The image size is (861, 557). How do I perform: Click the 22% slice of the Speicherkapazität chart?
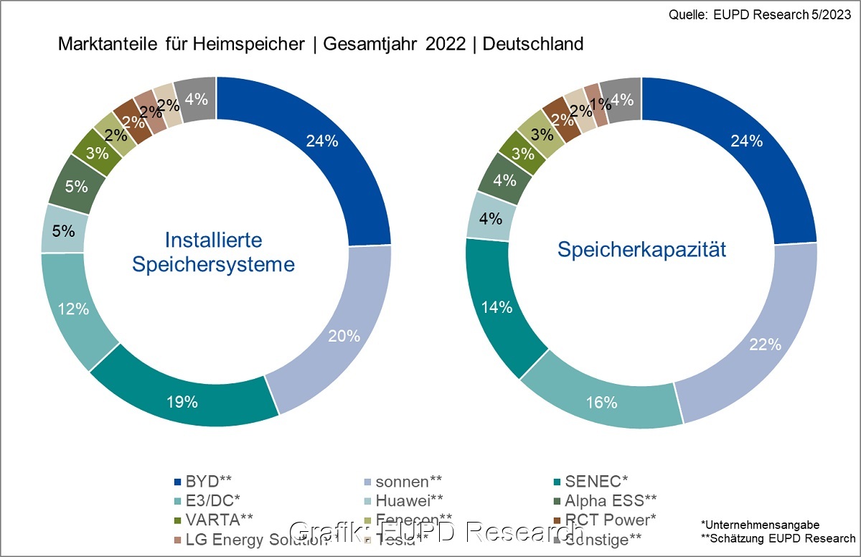coord(765,345)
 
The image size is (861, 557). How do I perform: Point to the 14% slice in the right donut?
coord(498,308)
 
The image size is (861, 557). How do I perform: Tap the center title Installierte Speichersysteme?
coord(213,251)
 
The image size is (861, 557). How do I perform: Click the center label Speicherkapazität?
coord(641,250)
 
